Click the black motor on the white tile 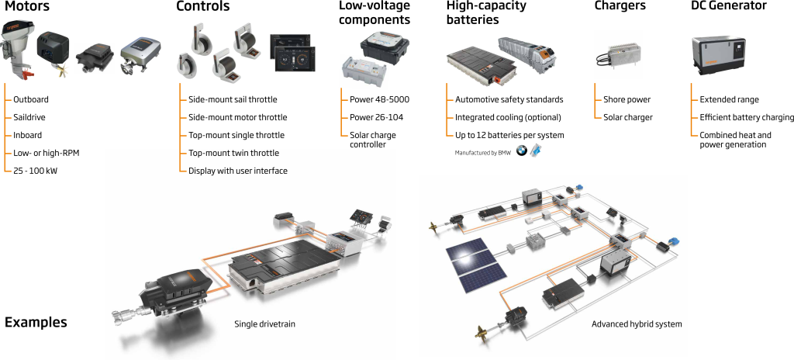tap(95, 59)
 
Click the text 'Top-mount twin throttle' tap(233, 154)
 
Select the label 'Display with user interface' tap(238, 171)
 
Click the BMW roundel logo tap(521, 150)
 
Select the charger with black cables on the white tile tap(618, 54)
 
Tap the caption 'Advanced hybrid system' tap(637, 324)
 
